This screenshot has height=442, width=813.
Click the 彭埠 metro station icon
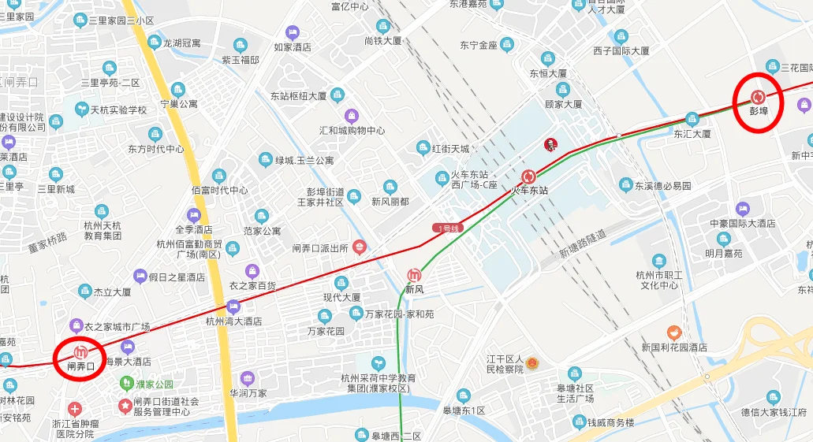pos(758,97)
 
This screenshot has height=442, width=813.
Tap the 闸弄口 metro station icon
pos(80,352)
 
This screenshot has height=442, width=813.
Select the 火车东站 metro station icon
pos(529,176)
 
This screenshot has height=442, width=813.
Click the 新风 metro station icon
pos(414,276)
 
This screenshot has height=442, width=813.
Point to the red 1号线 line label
pos(449,228)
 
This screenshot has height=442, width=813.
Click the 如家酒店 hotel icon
pos(293,32)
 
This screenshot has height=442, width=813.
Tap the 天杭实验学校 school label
pos(118,110)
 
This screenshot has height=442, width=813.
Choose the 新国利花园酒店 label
pos(673,347)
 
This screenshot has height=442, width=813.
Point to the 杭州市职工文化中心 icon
pos(659,261)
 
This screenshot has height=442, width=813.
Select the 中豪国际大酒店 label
pos(741,224)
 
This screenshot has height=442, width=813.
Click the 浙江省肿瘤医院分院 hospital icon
pos(74,409)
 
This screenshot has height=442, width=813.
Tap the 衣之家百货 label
pos(252,285)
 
